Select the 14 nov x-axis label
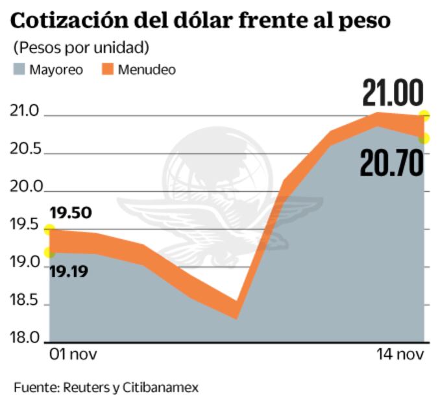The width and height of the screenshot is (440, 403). [x=401, y=355]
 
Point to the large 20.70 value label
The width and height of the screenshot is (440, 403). [x=391, y=164]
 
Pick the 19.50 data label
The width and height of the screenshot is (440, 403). [x=71, y=213]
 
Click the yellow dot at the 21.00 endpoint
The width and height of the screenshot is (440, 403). [x=424, y=116]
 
